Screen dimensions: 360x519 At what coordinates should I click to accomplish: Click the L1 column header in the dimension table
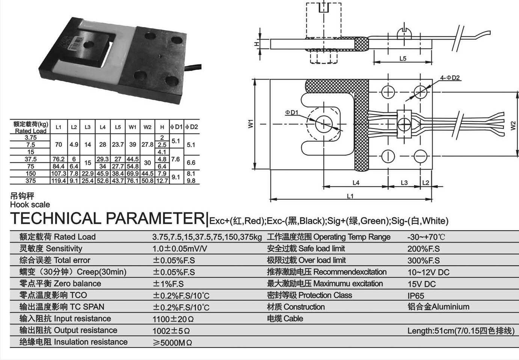[x=58, y=127]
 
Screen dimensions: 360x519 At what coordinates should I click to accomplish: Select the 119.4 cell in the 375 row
[x=58, y=181]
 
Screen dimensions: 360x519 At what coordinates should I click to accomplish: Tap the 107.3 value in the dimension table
[x=58, y=174]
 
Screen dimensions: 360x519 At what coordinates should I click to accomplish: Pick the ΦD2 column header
[x=192, y=127]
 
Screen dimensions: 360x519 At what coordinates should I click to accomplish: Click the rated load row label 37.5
[x=30, y=159]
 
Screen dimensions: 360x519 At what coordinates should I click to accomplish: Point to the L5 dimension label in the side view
[x=403, y=59]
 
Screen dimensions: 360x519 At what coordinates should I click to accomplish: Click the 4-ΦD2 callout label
[x=450, y=78]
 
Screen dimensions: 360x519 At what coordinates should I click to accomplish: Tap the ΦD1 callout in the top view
[x=291, y=112]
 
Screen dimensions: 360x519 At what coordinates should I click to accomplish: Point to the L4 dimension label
[x=356, y=183]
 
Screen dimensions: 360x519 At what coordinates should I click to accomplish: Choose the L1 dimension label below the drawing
[x=350, y=196]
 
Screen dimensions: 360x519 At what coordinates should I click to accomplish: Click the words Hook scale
[x=30, y=205]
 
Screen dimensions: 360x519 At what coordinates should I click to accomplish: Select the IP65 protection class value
[x=416, y=296]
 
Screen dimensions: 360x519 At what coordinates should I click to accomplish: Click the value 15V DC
[x=421, y=284]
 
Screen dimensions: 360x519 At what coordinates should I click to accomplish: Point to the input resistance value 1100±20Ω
[x=173, y=319]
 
